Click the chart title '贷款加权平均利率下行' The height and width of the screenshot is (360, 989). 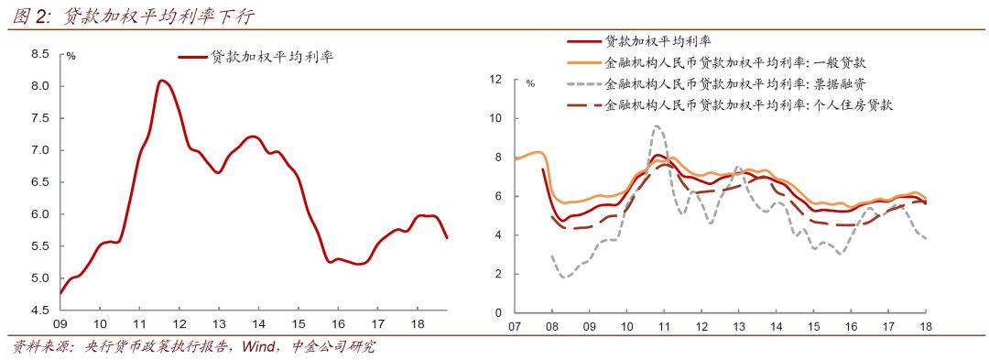pos(161,16)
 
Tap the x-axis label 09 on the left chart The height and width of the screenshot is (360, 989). pos(60,324)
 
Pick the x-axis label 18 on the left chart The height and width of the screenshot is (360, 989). pos(418,324)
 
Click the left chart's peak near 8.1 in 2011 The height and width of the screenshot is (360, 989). pos(161,81)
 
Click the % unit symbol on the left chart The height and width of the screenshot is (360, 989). pos(71,57)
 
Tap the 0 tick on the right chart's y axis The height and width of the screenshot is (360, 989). pos(499,312)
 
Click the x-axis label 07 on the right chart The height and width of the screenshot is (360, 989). pos(516,326)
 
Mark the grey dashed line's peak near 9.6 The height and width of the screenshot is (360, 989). pos(657,126)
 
